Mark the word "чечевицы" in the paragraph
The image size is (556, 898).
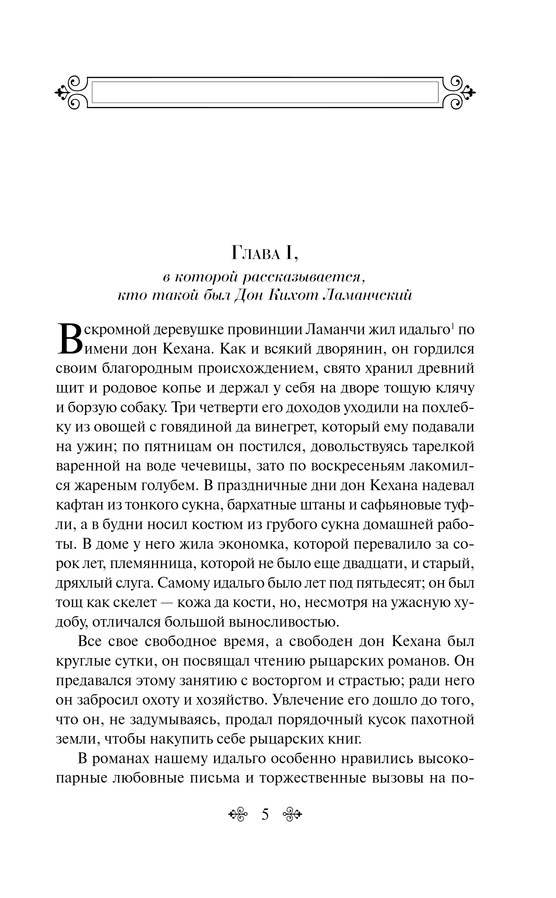coord(214,466)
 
